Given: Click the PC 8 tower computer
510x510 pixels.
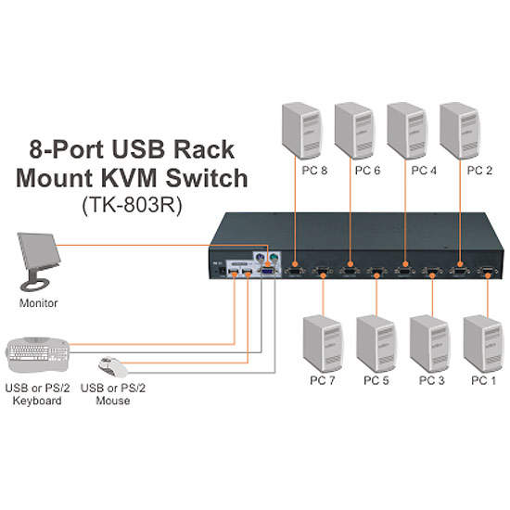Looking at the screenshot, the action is click(302, 131).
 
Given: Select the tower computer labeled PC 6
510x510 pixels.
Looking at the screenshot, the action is click(354, 131).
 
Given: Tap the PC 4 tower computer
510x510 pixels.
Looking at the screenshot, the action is click(407, 131).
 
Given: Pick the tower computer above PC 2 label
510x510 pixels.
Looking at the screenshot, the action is click(460, 131).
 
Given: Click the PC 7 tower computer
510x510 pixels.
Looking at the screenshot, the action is click(323, 344).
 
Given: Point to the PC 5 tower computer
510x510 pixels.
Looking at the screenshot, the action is click(376, 344).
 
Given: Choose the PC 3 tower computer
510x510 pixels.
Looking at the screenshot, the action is click(430, 344).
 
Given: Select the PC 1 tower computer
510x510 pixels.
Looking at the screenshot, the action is click(483, 344).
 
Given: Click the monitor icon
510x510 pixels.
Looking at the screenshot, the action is click(39, 261).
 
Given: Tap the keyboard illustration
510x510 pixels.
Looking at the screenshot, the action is click(37, 354).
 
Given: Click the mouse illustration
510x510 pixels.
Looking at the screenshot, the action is click(113, 367).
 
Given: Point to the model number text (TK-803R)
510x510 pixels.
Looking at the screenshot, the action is click(132, 205).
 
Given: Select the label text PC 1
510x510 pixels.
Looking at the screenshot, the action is click(484, 380).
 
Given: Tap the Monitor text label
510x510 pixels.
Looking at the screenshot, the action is click(38, 303).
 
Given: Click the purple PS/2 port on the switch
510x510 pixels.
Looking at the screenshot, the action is click(260, 259).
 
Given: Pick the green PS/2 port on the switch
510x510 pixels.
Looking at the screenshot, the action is click(274, 259).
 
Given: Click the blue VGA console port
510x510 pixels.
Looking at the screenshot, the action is click(269, 272).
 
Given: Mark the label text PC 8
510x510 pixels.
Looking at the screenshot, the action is click(314, 171).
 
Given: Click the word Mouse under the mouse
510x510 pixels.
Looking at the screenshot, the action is click(113, 401).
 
